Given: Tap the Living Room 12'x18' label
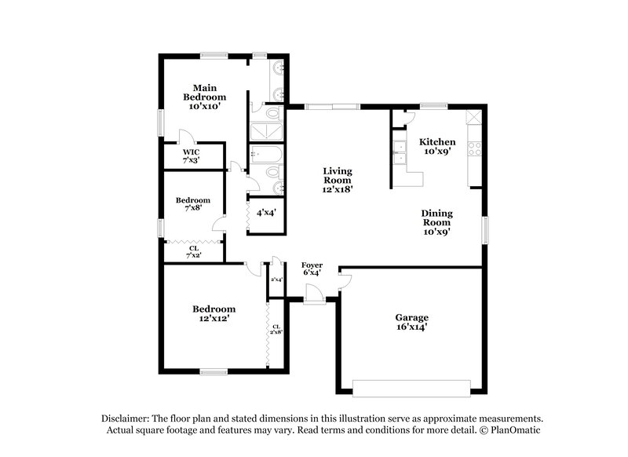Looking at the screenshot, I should point(339,180).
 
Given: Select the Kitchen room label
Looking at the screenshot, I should point(436,147).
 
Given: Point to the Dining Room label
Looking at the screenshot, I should point(437,221).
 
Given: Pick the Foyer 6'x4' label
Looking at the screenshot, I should point(312,269).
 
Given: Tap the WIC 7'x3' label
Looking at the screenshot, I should point(192,155).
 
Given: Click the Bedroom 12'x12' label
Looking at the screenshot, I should point(214,314).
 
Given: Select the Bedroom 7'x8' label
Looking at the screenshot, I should point(192,204).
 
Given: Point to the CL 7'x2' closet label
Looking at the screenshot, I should point(193,253).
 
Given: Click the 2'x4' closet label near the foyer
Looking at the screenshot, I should point(276,280).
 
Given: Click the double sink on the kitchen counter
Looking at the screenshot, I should point(400,152).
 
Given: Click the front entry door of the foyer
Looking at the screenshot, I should point(315,298).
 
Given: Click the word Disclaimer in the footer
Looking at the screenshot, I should point(126,419).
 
